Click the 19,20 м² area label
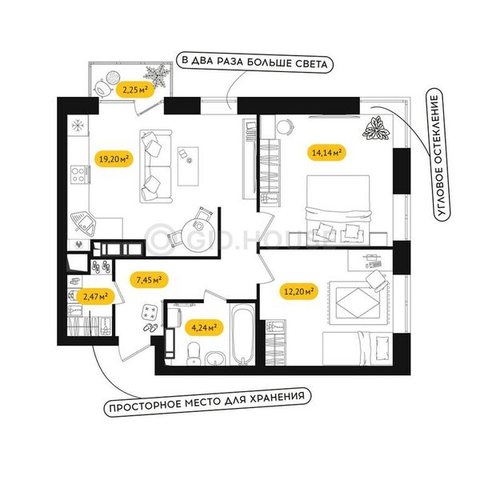[114, 159]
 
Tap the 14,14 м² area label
[326, 152]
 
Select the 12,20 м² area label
[298, 291]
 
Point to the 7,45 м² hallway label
[149, 280]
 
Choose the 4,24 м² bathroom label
[204, 328]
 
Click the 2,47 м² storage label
[95, 296]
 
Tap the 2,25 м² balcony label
[135, 90]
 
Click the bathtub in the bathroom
[242, 334]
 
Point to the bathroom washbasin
[215, 358]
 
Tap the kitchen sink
[83, 224]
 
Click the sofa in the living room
[155, 166]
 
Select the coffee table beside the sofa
[188, 166]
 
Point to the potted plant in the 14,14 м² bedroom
[376, 129]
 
